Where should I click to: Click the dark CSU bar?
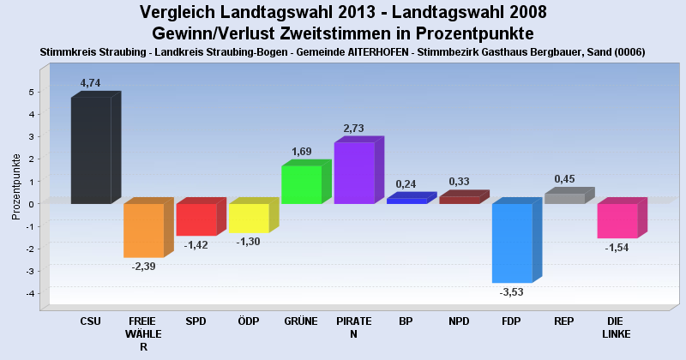point(91,150)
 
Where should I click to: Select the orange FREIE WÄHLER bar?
point(143,230)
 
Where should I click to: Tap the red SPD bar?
point(196,219)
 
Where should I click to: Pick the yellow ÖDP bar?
point(249,218)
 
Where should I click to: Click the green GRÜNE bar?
point(301,184)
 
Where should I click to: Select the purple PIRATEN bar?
point(354,173)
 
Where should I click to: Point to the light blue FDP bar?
point(512,243)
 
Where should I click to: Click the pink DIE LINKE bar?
point(617,220)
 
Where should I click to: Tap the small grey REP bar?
point(564,198)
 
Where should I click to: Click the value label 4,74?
point(90,83)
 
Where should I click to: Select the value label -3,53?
point(512,292)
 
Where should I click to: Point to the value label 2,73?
point(353,129)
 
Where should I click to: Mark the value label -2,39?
point(143,267)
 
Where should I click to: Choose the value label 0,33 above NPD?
point(460,182)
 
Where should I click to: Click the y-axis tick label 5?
point(32,92)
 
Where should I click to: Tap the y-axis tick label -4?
point(30,294)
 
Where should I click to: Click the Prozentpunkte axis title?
point(16,186)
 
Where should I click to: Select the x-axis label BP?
point(406,321)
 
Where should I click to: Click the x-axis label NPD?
point(459,321)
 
